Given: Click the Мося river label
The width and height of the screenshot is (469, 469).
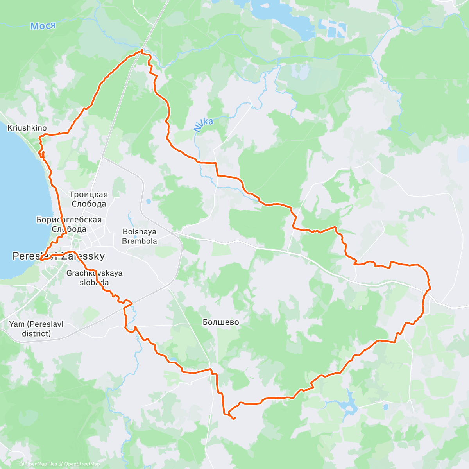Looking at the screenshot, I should pos(43,26).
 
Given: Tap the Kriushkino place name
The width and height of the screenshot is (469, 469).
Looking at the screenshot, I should pos(27,128).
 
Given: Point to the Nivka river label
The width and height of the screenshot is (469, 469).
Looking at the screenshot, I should pos(203,125).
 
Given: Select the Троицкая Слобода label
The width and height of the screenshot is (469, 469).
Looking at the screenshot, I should pos(88,199).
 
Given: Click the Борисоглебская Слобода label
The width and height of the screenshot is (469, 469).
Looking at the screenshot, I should pos(69,224).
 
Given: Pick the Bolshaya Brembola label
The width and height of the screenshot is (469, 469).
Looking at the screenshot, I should pos(140,236).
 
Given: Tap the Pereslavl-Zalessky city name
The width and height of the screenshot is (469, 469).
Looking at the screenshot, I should pos(59,256).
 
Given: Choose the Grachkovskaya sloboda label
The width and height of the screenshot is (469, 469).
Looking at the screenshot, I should pos(94,278).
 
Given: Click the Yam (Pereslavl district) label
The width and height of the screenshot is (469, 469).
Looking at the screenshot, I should pos(36,329).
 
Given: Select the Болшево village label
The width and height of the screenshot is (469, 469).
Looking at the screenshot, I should pos(221,322).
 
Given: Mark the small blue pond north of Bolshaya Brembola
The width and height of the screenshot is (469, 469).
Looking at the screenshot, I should pos(148,202).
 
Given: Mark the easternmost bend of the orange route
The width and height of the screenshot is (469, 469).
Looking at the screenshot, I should pos(430,288).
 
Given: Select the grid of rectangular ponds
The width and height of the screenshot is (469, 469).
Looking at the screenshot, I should pos(332,27).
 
